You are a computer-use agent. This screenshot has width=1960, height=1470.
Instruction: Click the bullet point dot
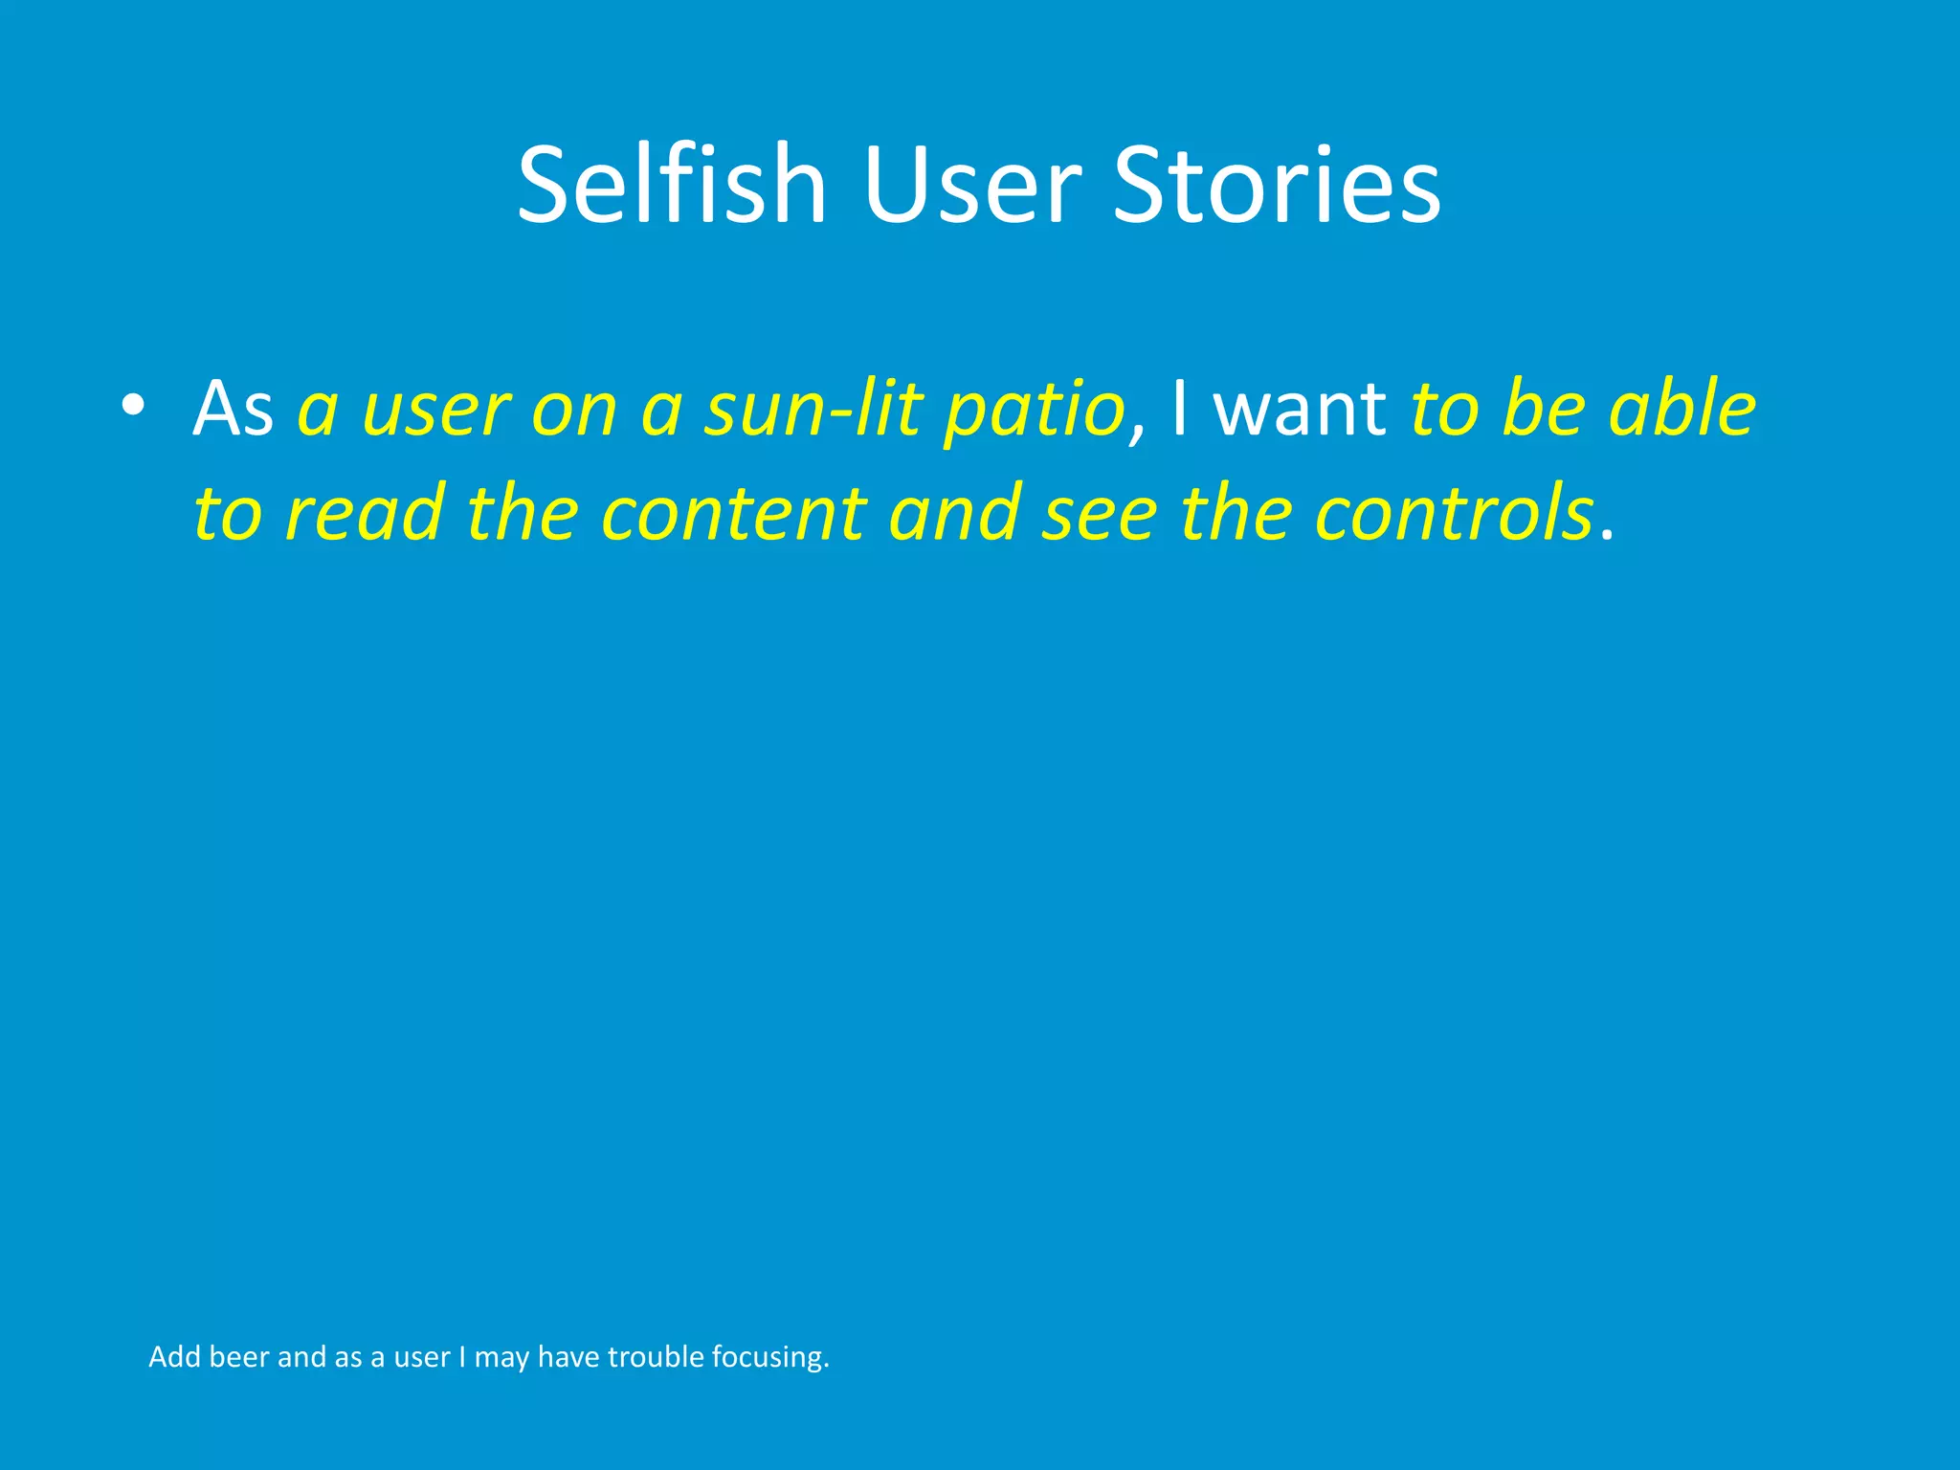tap(133, 406)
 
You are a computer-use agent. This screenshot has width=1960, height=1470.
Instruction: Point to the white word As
tap(233, 410)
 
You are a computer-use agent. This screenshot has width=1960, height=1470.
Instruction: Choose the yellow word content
tap(733, 513)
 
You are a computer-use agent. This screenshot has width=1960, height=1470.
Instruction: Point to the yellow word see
tap(1100, 515)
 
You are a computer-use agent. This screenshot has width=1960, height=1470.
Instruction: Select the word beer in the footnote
tap(238, 1357)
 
